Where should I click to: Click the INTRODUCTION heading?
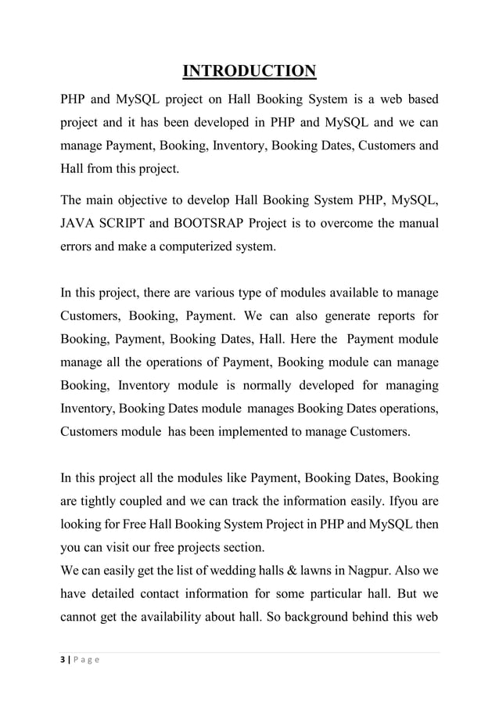(x=249, y=73)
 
